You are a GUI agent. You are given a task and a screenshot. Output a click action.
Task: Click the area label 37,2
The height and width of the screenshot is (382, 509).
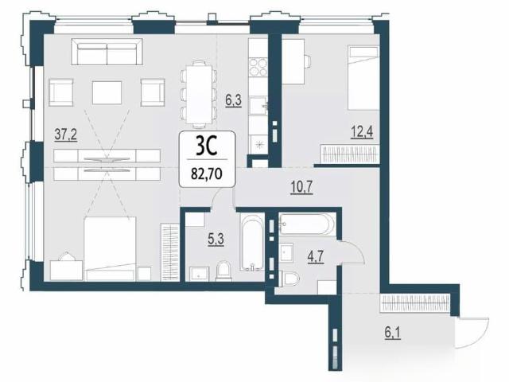(66, 134)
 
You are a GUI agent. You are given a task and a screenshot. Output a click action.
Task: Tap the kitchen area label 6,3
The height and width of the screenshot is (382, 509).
(234, 100)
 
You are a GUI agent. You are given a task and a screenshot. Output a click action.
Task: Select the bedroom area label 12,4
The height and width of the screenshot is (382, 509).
(362, 132)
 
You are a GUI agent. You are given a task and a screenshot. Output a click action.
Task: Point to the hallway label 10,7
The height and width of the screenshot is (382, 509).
(301, 188)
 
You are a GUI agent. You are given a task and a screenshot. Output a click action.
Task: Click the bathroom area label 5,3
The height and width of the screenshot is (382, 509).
(216, 240)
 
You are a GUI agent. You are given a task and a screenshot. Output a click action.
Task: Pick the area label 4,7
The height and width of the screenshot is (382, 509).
(316, 256)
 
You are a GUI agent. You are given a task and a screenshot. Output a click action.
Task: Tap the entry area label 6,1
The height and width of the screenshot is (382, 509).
(392, 333)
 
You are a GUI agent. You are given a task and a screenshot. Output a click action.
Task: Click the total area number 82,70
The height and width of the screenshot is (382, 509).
(207, 174)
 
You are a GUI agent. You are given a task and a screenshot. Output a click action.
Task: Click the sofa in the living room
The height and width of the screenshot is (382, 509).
(107, 52)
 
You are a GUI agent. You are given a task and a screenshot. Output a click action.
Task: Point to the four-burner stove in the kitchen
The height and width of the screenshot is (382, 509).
(258, 67)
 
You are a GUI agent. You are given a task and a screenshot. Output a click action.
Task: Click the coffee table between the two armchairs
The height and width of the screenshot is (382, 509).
(107, 92)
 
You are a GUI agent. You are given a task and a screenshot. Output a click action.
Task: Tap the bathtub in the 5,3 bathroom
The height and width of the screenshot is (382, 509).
(251, 242)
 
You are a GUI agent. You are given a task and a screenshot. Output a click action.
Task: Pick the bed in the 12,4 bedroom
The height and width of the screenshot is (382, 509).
(363, 77)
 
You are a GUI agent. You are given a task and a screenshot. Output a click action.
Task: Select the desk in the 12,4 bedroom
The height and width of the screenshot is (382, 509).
(293, 61)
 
